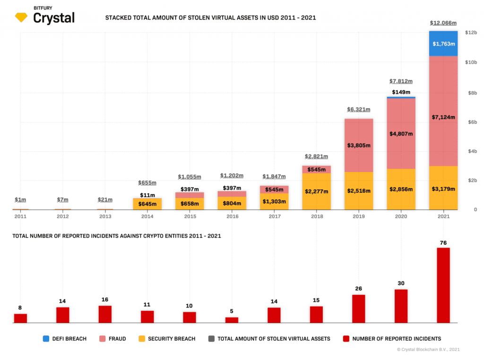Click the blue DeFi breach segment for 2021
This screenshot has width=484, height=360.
(443, 43)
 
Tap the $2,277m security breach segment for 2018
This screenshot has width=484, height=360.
(316, 191)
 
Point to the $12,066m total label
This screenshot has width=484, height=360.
(443, 23)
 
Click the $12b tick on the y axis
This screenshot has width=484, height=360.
(471, 33)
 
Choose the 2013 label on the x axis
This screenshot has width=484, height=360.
(105, 216)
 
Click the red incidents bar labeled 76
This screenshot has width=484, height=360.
(443, 285)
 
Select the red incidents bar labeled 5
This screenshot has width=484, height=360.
(232, 320)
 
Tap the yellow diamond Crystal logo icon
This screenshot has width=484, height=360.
(21, 18)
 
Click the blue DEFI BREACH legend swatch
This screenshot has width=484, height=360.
(46, 339)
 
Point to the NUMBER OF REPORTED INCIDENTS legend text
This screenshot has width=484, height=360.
(397, 339)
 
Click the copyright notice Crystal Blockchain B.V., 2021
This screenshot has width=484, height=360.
(428, 350)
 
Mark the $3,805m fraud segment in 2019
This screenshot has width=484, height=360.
(359, 145)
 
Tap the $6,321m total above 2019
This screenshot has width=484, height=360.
(359, 110)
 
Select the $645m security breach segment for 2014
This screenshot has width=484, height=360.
(147, 204)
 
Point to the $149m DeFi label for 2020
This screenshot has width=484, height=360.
(401, 92)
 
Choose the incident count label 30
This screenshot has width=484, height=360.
(401, 283)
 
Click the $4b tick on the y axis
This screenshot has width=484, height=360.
(471, 151)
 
